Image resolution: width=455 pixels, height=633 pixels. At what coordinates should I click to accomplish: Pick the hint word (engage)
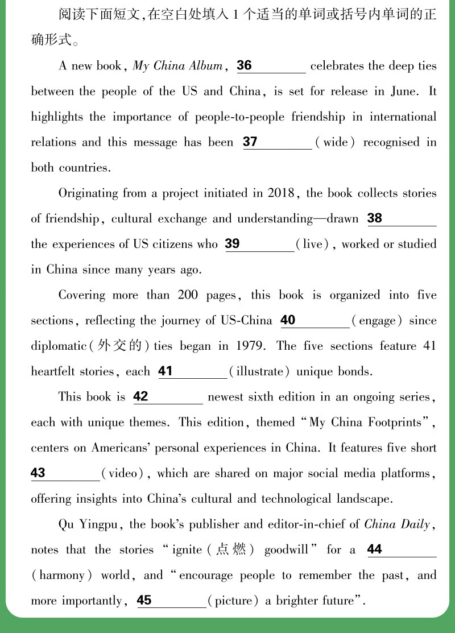377,321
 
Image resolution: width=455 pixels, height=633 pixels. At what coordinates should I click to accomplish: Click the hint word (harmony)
61,576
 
